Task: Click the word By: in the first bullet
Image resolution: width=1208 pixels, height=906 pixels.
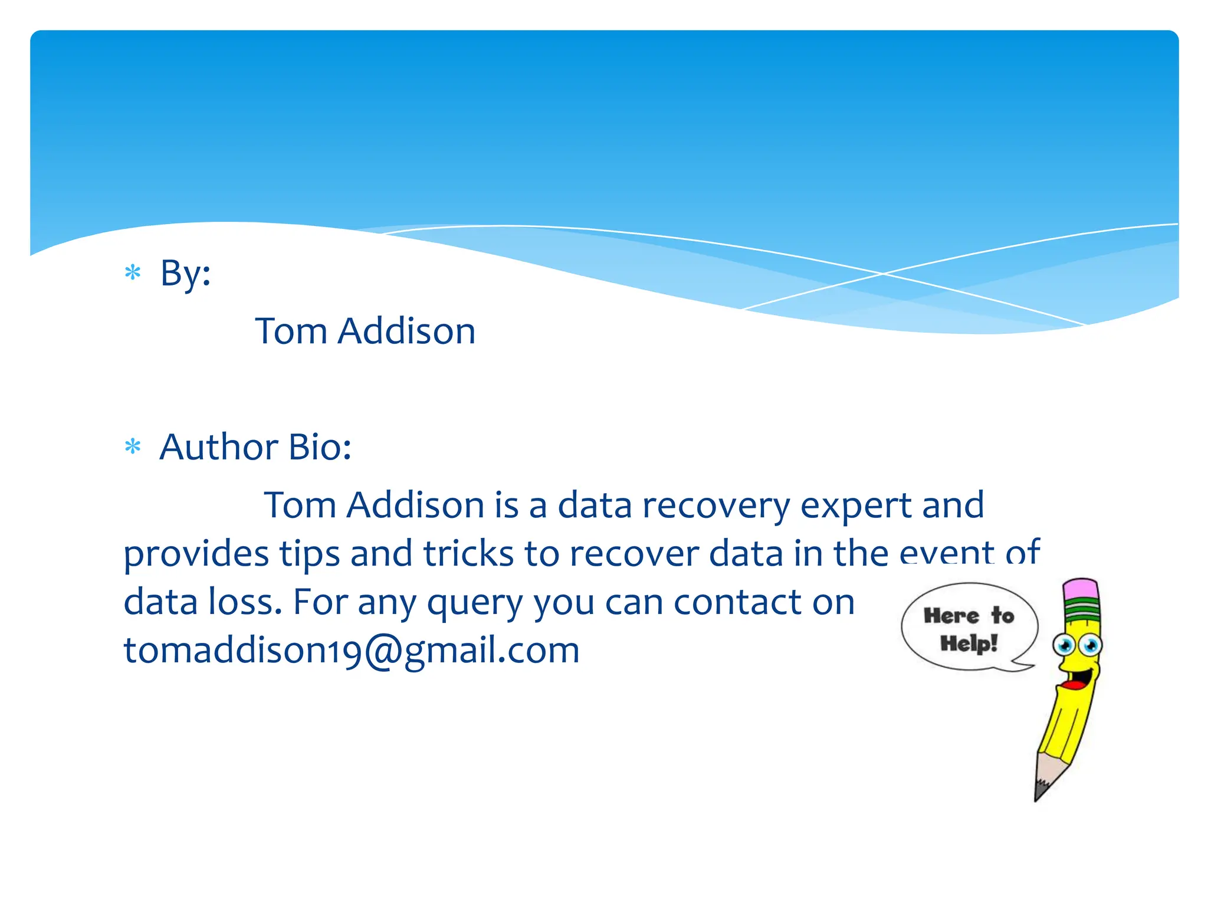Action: (185, 274)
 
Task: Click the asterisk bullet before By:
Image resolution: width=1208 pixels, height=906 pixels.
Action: (133, 273)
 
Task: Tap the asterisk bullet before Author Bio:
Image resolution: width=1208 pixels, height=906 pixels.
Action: (133, 447)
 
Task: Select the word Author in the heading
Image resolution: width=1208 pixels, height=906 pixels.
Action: (218, 447)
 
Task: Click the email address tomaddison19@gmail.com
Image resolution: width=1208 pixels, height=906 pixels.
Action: (352, 650)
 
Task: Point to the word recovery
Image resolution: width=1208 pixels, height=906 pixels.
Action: (715, 505)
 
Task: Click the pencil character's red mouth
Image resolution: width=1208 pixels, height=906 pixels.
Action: (1073, 685)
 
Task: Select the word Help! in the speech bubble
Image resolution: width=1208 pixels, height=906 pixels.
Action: (969, 643)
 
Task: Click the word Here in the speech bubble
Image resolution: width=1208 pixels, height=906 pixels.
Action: (951, 616)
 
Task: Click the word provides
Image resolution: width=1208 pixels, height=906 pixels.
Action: (196, 554)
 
